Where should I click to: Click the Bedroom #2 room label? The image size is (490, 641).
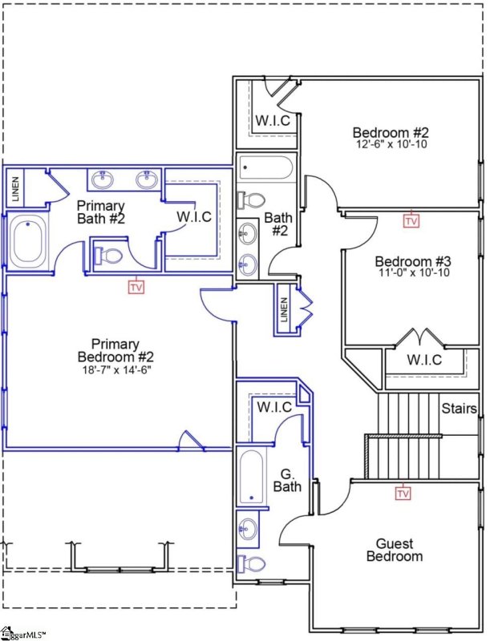pos(391,132)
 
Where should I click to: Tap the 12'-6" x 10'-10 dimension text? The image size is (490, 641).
pos(391,145)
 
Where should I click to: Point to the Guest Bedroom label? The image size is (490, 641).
pos(395,550)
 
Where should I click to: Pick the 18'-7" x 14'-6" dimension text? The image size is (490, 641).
pos(116,370)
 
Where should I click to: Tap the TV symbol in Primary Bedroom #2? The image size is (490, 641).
pos(136,285)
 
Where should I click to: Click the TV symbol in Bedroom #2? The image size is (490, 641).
pos(411,220)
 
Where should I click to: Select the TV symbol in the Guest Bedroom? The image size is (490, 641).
pos(403,494)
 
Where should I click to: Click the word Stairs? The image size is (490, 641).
pos(460,409)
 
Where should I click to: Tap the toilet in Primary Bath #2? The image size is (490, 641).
pos(107,256)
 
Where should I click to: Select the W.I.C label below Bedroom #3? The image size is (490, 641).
pos(423,361)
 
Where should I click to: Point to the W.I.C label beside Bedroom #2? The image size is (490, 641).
pos(273,121)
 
